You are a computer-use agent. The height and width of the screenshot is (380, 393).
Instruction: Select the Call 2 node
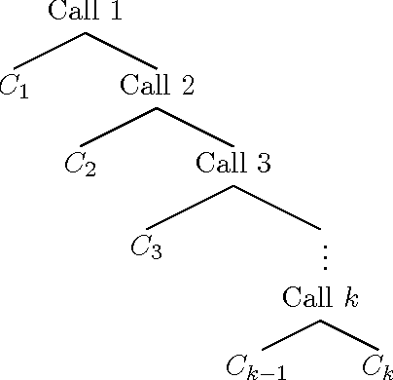coord(158,85)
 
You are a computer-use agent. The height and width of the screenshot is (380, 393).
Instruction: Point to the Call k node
coord(321,296)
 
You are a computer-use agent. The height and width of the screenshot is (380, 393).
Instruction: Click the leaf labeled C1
coord(14,85)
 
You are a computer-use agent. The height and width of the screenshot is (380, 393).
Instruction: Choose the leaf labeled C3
coord(146,245)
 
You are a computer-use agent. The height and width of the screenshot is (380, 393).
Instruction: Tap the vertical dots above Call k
coord(324,256)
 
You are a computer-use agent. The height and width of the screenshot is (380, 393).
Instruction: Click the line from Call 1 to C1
coord(49,51)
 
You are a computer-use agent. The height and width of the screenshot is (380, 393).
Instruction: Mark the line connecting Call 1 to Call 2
coord(122,51)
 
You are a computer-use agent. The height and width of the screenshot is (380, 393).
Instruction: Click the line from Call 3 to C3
coord(190,206)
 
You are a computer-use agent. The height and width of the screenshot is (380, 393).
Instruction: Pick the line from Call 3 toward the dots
coord(277,206)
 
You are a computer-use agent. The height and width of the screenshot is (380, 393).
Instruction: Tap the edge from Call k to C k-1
coord(291,334)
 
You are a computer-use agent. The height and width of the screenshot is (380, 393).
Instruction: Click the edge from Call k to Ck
coord(349,334)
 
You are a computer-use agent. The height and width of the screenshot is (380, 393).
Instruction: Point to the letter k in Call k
coord(351,296)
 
